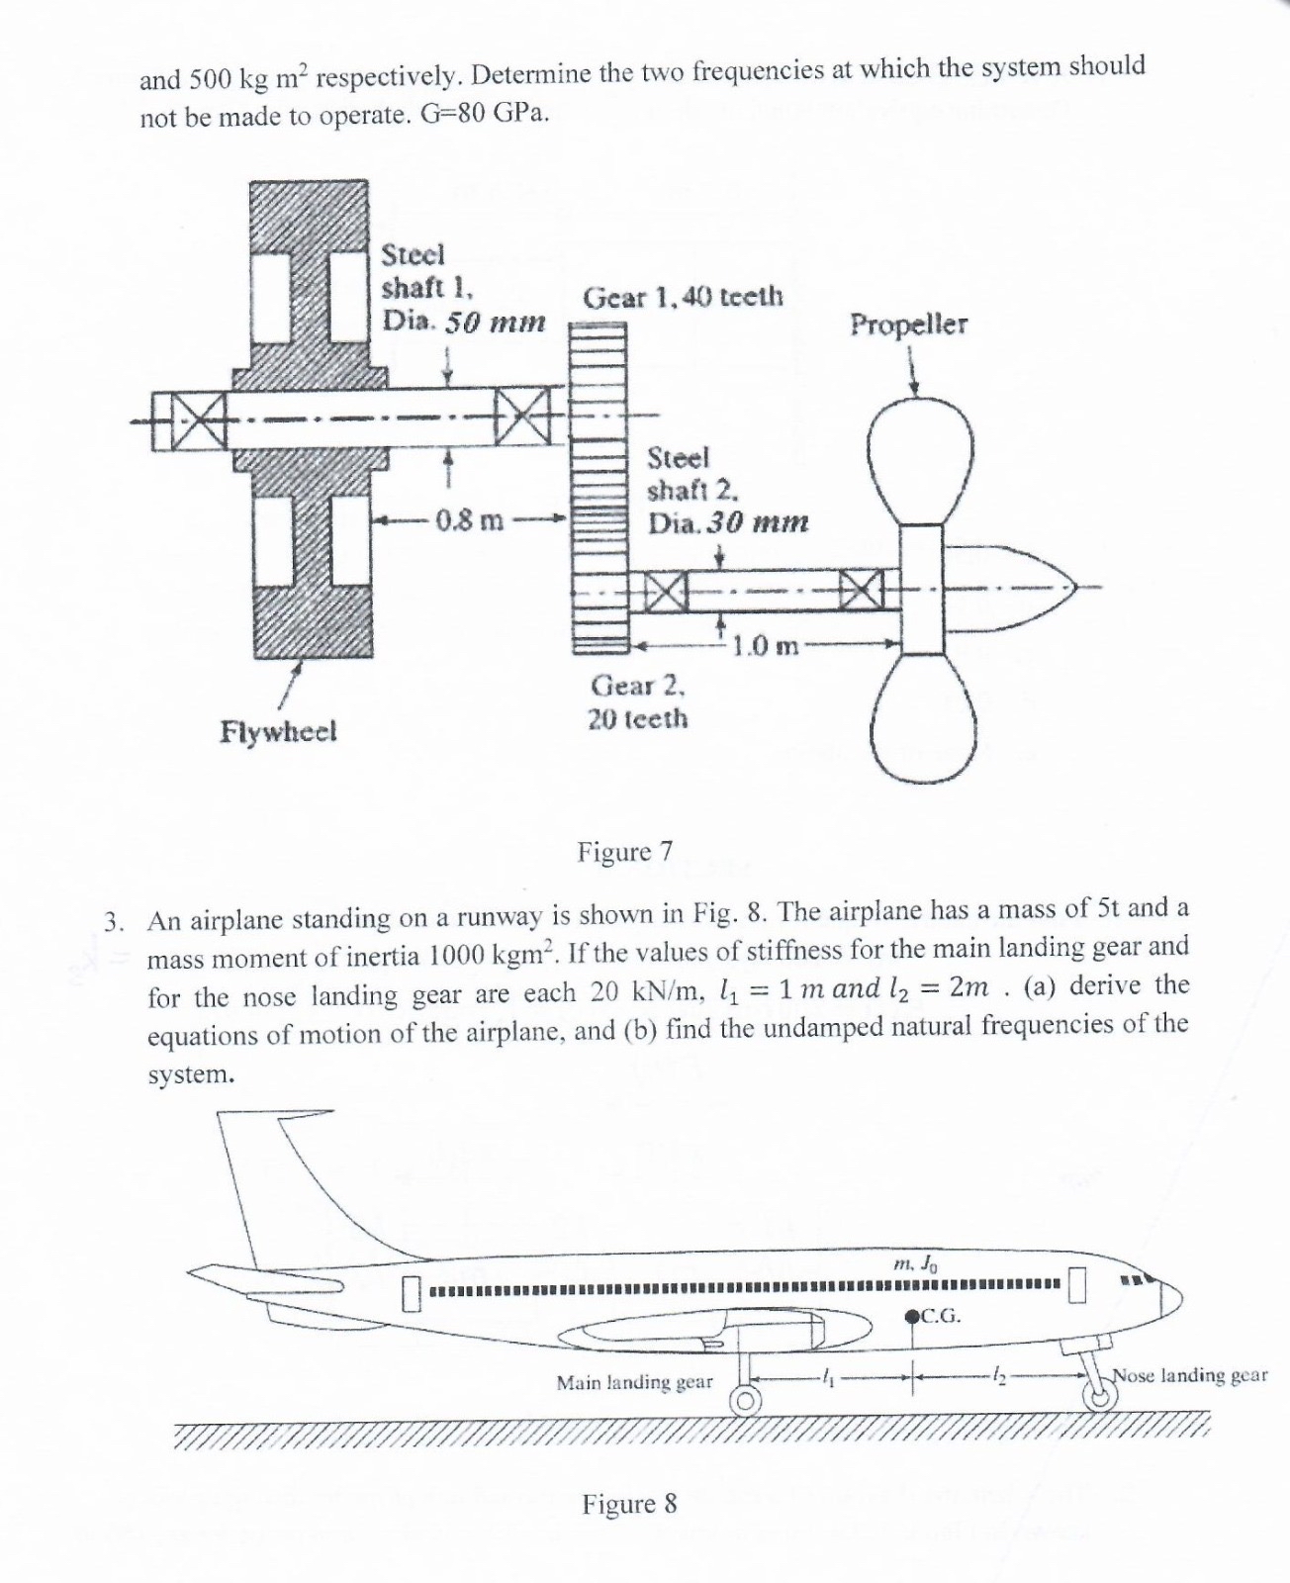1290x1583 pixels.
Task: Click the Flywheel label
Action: tap(278, 732)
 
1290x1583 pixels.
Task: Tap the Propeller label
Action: tap(909, 326)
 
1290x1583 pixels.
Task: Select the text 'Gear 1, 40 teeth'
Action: tap(683, 296)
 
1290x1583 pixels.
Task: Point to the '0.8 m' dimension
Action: tap(470, 519)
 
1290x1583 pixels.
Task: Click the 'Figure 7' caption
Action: tap(625, 852)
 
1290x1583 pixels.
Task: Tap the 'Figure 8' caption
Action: tap(629, 1505)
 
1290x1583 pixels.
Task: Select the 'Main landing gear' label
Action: tap(634, 1382)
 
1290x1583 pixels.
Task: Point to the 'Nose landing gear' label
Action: tap(1190, 1375)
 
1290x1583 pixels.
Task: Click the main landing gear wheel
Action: tap(745, 1402)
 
